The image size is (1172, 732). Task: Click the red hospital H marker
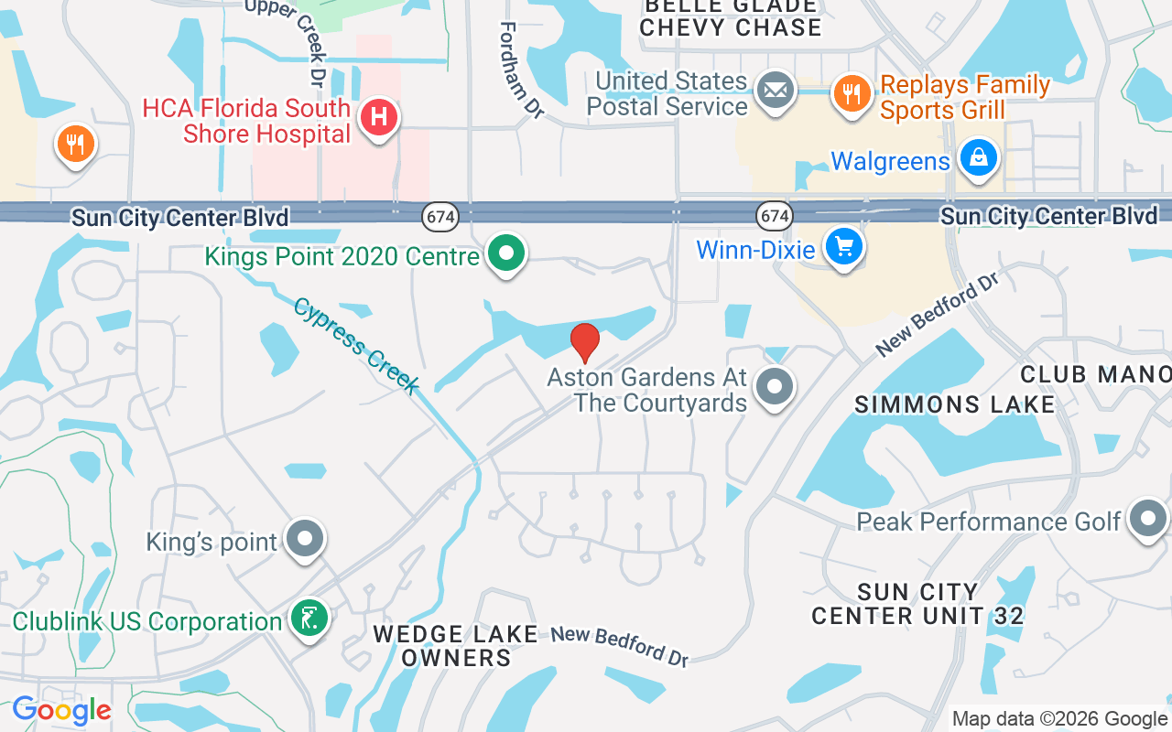tap(378, 118)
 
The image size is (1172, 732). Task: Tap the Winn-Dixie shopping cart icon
tap(843, 246)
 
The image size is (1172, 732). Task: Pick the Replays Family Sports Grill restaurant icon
tap(852, 92)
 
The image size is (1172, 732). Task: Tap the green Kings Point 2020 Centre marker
tap(505, 253)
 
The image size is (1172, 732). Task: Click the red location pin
tap(585, 342)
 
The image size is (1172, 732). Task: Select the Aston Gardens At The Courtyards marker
tap(775, 387)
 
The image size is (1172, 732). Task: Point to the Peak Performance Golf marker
tap(1148, 519)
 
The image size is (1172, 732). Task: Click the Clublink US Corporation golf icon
tap(309, 619)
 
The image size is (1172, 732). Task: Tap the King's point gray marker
tap(304, 540)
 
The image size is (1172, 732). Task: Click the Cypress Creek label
tap(356, 345)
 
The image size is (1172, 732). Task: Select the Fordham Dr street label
tap(521, 69)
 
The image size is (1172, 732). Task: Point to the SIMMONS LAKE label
tap(954, 404)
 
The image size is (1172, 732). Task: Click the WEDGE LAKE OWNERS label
tap(456, 645)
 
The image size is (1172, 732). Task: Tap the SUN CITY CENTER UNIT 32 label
tap(917, 604)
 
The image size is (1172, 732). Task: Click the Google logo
tap(61, 710)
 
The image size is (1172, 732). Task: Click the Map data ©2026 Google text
tap(1059, 719)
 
